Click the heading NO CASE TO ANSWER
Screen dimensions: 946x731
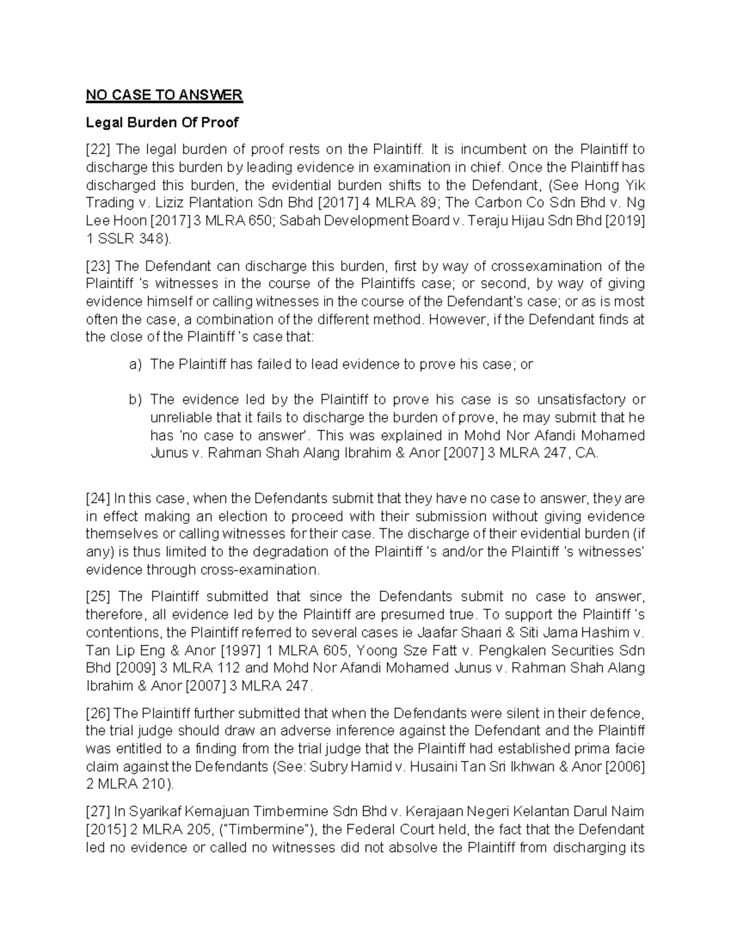click(164, 95)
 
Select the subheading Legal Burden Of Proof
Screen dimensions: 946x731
click(162, 122)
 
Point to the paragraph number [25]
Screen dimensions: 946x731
click(97, 596)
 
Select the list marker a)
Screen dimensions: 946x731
click(135, 364)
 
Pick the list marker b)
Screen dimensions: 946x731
click(135, 400)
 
